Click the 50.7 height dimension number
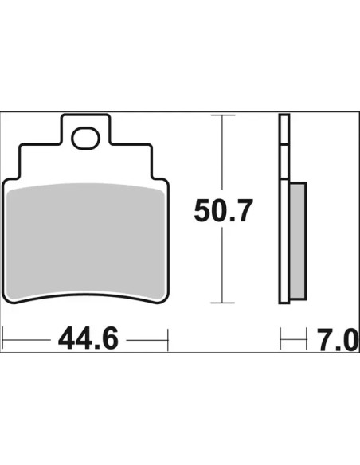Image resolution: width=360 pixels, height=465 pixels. coord(223,210)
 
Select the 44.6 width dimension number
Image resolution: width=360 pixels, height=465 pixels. coord(88,338)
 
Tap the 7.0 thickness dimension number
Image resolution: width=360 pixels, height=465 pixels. coord(337,340)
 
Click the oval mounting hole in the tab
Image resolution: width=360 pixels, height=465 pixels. coord(85,138)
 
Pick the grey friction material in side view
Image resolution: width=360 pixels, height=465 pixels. coord(297,240)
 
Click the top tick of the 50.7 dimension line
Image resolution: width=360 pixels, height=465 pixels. coord(223,115)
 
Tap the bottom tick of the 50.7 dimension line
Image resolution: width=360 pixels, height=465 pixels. coord(222,303)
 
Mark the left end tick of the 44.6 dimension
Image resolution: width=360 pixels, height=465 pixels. coord(2,339)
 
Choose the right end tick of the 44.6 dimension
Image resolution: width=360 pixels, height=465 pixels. coord(168,339)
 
